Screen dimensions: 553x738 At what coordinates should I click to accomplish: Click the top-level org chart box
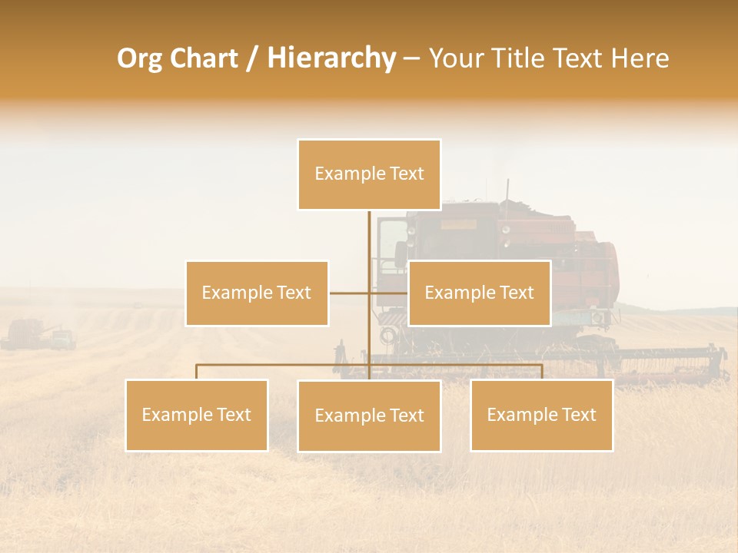coord(369,174)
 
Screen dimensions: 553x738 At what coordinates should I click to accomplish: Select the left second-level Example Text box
coord(257,293)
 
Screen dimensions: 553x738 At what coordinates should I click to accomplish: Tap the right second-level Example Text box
coord(479,293)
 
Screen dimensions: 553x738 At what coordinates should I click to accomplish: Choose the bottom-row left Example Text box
coord(197,415)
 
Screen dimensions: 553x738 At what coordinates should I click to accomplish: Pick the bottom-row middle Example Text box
coord(369,416)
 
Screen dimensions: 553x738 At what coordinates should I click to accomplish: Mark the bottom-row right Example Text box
coord(542,415)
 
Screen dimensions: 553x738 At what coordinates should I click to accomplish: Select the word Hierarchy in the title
coord(331,58)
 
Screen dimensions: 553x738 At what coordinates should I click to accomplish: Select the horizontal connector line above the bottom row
coord(284,365)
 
